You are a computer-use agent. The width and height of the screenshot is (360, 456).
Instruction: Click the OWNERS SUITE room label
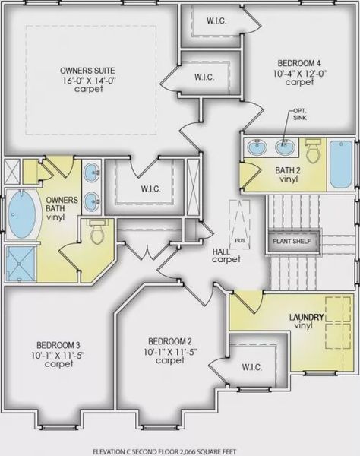(87, 71)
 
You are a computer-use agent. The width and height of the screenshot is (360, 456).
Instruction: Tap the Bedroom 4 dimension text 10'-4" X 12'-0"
(300, 73)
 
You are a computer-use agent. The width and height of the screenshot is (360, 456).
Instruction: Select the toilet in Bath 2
(313, 150)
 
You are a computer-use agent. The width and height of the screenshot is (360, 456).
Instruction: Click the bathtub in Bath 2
(341, 164)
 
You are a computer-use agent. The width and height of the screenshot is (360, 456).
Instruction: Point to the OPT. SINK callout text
(299, 115)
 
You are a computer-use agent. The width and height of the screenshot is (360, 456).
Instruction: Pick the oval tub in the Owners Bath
(22, 214)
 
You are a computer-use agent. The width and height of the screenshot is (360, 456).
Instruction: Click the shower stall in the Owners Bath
(20, 264)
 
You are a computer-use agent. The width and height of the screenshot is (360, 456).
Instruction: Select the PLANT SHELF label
(292, 242)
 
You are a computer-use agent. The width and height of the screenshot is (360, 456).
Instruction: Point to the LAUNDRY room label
(307, 317)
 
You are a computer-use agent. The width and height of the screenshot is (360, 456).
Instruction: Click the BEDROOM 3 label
(58, 345)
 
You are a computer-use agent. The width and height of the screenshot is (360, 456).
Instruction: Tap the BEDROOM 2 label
(170, 341)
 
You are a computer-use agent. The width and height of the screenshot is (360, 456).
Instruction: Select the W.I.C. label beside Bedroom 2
(252, 367)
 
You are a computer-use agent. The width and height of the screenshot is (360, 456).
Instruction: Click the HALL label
(221, 252)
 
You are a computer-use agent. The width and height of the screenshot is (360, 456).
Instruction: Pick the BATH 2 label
(288, 170)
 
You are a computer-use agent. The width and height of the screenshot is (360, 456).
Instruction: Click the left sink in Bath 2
(257, 147)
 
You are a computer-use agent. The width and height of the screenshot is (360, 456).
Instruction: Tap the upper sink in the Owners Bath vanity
(92, 173)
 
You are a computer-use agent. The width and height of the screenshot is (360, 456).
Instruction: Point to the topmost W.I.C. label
(216, 21)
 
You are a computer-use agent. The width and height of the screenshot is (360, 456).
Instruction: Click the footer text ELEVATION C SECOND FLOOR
(138, 451)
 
